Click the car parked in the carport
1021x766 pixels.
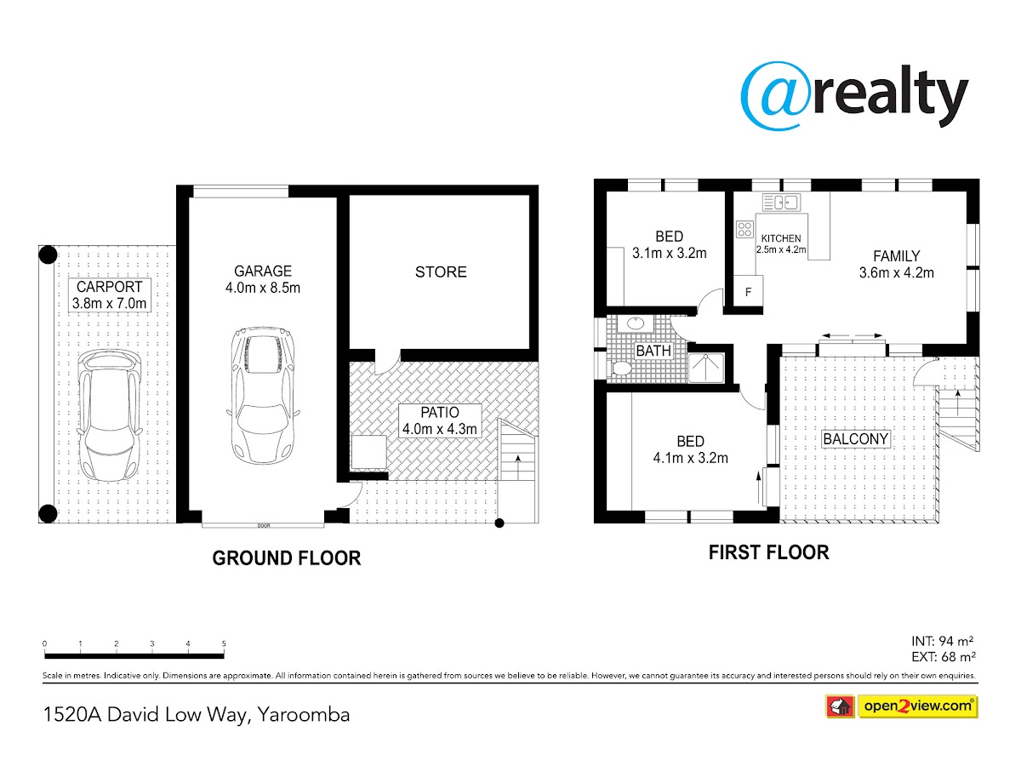(x=109, y=415)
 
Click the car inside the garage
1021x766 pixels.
(x=263, y=395)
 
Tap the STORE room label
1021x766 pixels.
(x=441, y=272)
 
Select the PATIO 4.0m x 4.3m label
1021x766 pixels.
(x=440, y=420)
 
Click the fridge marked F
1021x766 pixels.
(x=748, y=291)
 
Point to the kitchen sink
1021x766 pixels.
(x=781, y=203)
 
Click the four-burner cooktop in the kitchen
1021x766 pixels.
(x=744, y=229)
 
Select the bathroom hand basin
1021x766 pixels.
(x=635, y=323)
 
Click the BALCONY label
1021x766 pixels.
(x=855, y=438)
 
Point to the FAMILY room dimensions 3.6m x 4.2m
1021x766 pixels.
(x=896, y=272)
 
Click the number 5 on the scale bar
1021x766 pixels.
(x=224, y=643)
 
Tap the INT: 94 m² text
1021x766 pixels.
(x=943, y=642)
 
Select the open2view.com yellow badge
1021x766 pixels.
(x=918, y=706)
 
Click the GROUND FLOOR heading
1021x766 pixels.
(x=287, y=558)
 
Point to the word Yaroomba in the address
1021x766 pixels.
(x=303, y=714)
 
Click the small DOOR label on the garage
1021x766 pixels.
(x=264, y=525)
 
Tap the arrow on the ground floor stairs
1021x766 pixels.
(x=517, y=467)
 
